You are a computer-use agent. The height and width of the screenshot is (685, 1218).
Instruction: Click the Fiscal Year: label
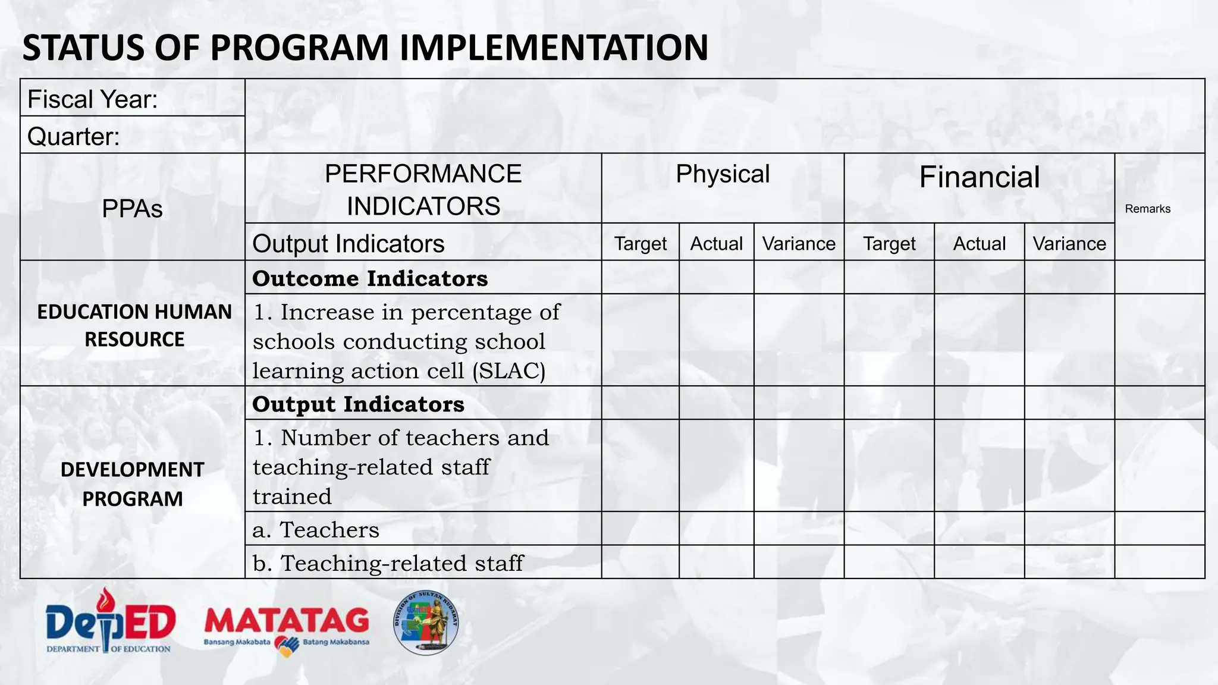[93, 99]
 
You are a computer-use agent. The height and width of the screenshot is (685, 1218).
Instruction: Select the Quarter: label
[74, 137]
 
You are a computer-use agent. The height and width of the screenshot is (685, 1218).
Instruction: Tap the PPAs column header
[132, 209]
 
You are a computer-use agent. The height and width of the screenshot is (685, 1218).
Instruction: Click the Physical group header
[723, 174]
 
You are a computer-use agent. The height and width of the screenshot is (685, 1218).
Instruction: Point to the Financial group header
[979, 177]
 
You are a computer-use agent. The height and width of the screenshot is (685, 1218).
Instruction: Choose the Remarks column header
[1147, 209]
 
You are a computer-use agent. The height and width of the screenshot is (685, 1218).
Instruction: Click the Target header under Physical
[640, 244]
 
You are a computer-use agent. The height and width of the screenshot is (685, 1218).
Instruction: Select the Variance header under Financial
[1069, 244]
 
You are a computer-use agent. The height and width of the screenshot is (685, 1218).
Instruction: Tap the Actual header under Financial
[979, 244]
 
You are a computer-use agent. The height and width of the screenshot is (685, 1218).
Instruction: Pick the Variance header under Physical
[799, 244]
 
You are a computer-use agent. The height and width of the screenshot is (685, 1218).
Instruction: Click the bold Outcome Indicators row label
[370, 278]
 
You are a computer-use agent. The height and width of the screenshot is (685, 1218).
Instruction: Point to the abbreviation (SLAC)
[509, 371]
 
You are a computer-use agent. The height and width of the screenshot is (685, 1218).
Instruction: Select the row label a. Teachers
[316, 530]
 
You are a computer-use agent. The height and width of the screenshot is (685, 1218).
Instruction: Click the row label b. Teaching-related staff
[388, 563]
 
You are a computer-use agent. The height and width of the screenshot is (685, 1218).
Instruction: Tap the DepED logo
[111, 621]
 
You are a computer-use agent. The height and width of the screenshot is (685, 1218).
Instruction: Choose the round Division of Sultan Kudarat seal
[426, 623]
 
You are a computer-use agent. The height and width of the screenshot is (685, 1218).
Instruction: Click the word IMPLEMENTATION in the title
[554, 48]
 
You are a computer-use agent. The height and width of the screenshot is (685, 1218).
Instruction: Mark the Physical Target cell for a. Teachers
[640, 529]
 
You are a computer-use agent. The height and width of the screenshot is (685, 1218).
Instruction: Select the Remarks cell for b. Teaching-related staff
[1159, 562]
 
